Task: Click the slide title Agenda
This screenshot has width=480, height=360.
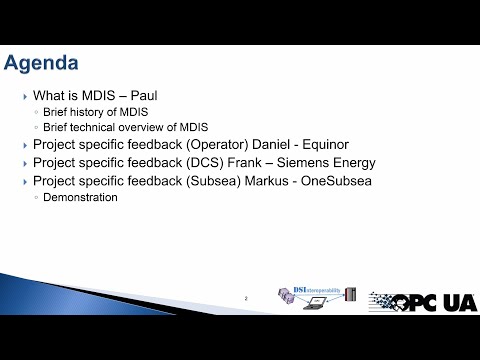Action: coord(41,63)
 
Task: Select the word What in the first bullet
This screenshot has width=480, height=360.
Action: coord(49,96)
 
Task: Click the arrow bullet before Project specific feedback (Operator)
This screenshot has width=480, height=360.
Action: coord(24,146)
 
